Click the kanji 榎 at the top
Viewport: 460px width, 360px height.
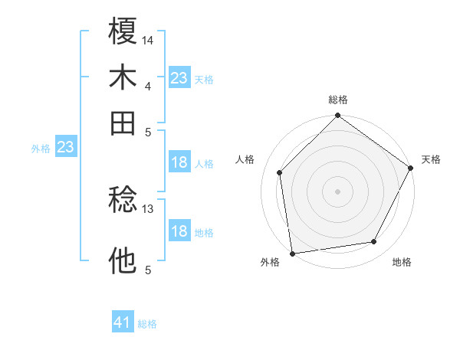click(x=123, y=32)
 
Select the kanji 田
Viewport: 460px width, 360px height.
click(x=123, y=123)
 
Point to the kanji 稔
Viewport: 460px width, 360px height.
click(x=123, y=201)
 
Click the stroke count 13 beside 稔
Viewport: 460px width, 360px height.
click(x=148, y=208)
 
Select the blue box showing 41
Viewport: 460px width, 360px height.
click(x=123, y=322)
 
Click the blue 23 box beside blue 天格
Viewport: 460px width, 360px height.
click(x=179, y=78)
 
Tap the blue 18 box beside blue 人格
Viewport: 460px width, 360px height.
click(x=179, y=162)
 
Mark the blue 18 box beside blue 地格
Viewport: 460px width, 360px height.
click(x=179, y=232)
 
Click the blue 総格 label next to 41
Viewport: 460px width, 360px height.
click(x=147, y=324)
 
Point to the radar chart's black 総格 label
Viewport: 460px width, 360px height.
click(x=337, y=100)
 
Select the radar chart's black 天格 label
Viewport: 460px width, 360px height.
click(x=431, y=159)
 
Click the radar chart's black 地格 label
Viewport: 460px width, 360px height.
click(x=402, y=263)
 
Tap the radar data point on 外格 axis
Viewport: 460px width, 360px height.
click(x=292, y=253)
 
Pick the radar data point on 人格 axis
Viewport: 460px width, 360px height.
click(x=280, y=172)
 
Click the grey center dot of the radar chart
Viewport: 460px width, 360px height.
click(x=337, y=191)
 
